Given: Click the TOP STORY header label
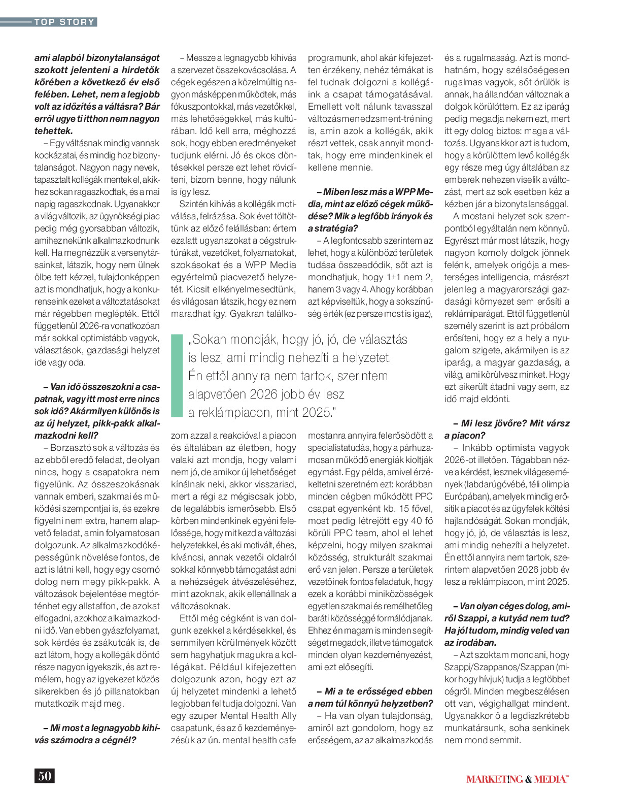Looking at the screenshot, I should (64, 22).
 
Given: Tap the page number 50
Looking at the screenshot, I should (45, 776).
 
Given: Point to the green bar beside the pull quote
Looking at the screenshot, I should (177, 376).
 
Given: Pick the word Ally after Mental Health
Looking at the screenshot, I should (289, 716).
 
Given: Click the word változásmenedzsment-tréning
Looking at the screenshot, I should (370, 119).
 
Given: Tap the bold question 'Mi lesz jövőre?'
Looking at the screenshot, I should (490, 423).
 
